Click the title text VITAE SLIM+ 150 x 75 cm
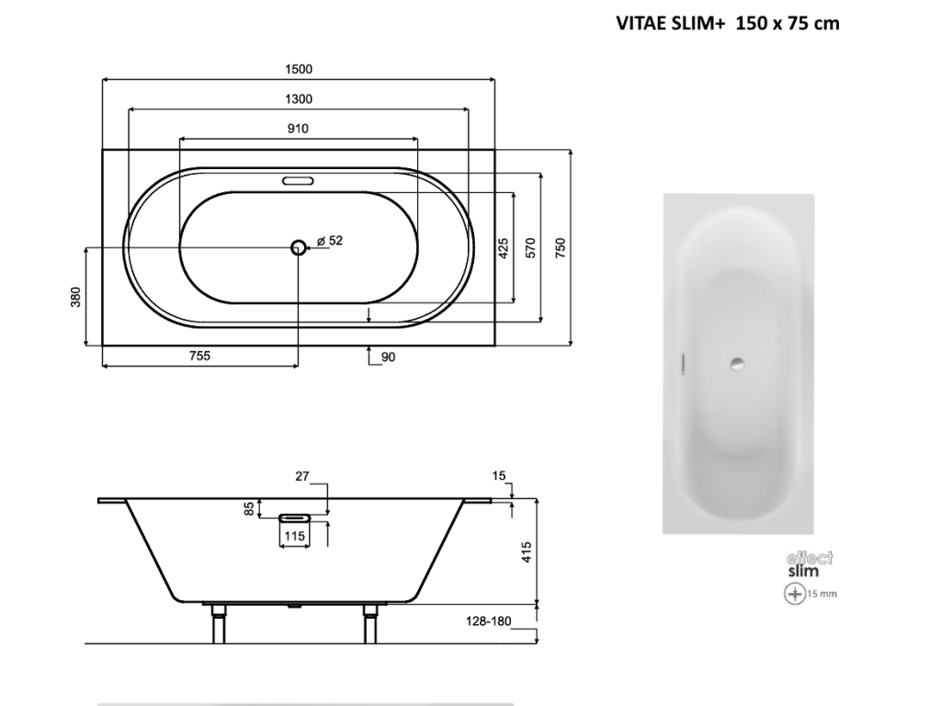point(728,23)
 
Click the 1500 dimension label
point(299,69)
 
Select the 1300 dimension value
point(299,99)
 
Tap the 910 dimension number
point(298,129)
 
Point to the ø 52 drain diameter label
point(330,241)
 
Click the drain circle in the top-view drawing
point(299,246)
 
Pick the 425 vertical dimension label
point(503,248)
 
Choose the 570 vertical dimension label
point(530,248)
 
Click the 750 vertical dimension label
point(560,248)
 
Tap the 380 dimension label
point(75,297)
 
